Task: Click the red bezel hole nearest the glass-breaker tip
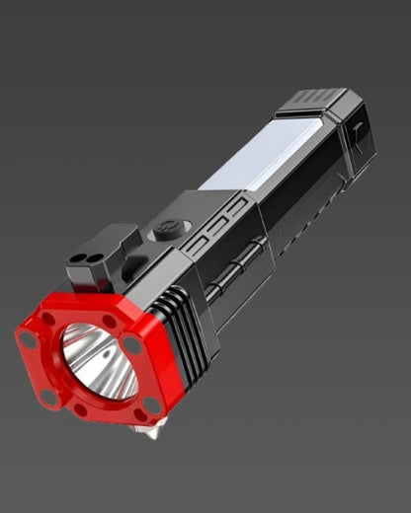coord(151,405)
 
